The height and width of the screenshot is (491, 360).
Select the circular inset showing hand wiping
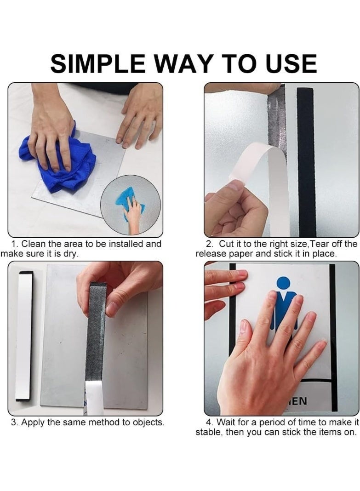[x=130, y=205]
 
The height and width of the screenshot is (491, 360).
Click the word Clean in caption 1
[x=34, y=244]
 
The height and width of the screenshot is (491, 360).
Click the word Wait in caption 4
[x=226, y=422]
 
